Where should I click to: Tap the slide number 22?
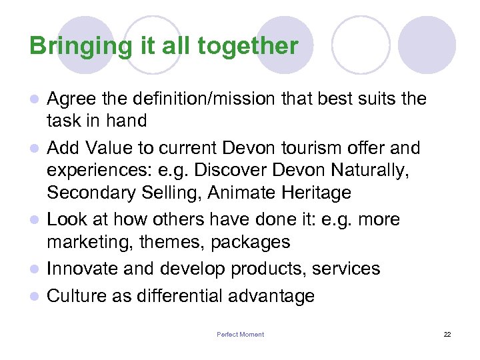[447, 335]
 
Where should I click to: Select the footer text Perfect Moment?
[240, 335]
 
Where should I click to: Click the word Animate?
[241, 193]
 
